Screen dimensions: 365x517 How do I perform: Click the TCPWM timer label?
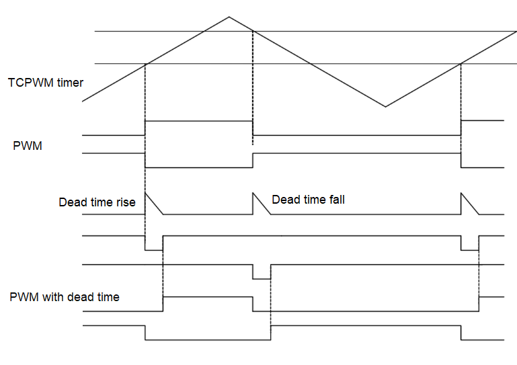coord(46,83)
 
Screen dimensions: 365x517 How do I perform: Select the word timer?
coord(71,83)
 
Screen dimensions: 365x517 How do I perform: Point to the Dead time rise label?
coord(97,202)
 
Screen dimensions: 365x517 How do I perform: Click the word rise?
coord(124,202)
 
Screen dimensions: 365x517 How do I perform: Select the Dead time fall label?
coord(308,200)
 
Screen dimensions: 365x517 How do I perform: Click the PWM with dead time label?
coord(65,296)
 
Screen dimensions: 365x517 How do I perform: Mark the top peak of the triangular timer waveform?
coord(229,16)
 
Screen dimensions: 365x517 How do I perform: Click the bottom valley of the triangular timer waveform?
coord(385,106)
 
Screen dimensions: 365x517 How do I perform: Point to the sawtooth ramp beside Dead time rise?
coord(154,204)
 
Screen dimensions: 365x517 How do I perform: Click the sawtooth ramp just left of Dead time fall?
coord(261,204)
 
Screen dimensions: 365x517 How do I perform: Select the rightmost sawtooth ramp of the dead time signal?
coord(469,204)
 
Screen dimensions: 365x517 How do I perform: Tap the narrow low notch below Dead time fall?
coord(262,273)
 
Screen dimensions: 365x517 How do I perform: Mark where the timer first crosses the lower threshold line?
coord(146,64)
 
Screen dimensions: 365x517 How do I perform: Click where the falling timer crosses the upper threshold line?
coord(253,31)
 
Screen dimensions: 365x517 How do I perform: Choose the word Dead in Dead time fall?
coord(285,200)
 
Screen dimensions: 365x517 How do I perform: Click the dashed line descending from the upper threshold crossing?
coord(253,87)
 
